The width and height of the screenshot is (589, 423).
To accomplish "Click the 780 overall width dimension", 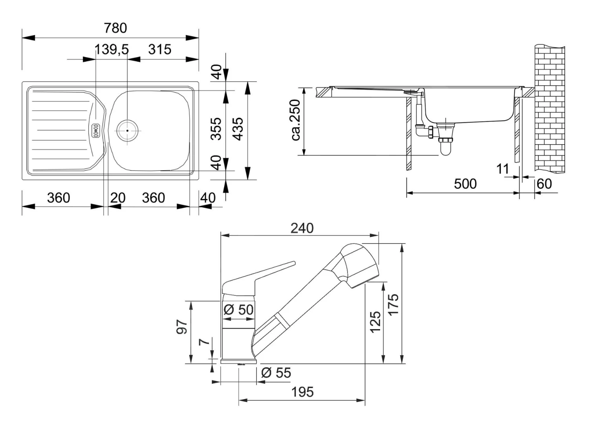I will coord(115,28).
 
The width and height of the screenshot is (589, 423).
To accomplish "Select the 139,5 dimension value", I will coord(112,49).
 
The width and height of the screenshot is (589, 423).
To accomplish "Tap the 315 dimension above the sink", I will coord(160,49).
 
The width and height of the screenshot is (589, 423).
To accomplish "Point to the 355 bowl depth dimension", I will coord(216,128).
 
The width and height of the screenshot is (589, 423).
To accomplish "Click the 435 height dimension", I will coord(238,128).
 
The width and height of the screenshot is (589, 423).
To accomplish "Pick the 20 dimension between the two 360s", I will coord(117,198).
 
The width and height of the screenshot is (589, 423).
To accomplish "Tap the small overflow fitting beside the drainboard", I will coord(95,130).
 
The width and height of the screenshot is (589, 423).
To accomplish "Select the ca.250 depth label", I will coord(295,120).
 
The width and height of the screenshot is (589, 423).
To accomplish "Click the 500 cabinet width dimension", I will coord(465,184).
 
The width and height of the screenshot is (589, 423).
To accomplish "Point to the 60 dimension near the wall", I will coord(544,184).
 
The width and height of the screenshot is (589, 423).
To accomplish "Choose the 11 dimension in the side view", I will coord(503,169).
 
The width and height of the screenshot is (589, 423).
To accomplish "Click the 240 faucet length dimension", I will coord(302,228).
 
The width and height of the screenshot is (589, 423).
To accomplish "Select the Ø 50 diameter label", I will coord(239,309).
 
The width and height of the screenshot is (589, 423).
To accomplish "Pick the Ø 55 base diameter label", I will coord(276,373).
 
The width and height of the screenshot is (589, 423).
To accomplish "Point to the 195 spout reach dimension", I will coord(302,392).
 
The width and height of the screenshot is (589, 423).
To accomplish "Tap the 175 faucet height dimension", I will coord(393,304).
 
